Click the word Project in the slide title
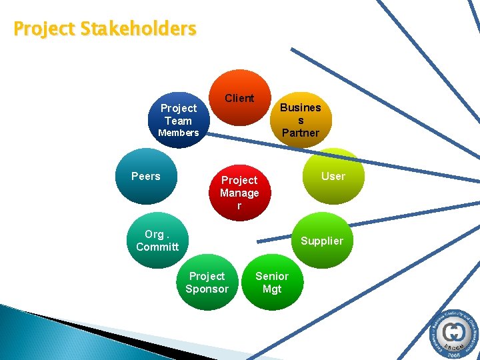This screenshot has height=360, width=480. click(45, 29)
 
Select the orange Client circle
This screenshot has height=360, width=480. click(239, 98)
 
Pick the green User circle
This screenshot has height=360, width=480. click(333, 176)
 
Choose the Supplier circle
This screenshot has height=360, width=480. click(321, 241)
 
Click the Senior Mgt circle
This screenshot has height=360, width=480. click(272, 282)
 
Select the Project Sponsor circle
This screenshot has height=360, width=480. click(207, 282)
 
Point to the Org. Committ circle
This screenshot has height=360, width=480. click(157, 240)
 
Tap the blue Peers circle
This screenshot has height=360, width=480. click(146, 177)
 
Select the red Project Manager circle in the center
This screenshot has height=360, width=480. click(239, 192)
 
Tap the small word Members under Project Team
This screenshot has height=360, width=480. click(178, 133)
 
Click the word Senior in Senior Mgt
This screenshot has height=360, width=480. click(272, 276)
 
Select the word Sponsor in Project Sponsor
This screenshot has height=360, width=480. click(207, 289)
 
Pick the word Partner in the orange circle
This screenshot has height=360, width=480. click(300, 133)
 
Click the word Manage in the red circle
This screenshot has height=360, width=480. click(239, 193)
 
